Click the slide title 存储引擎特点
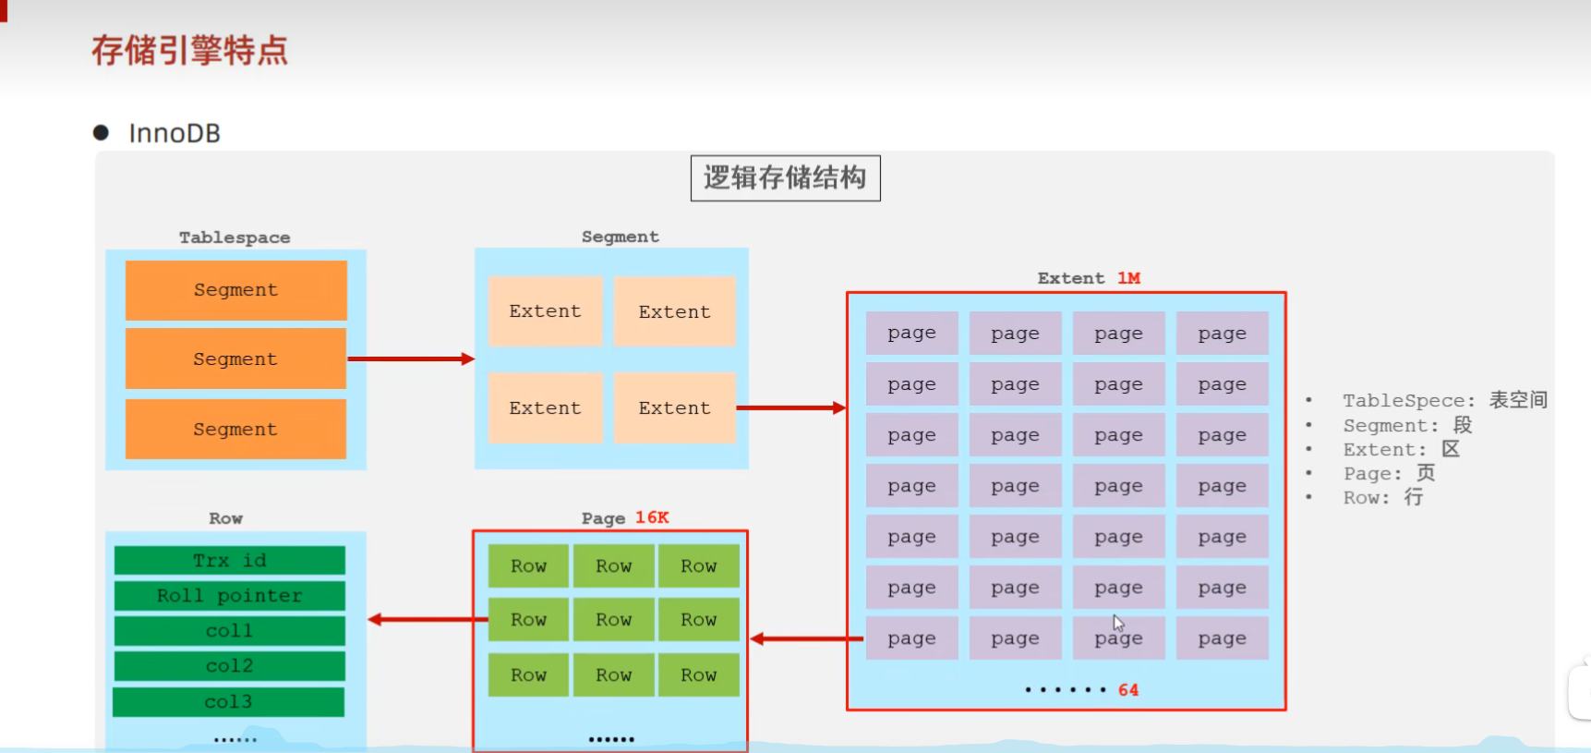(x=189, y=50)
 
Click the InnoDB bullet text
(x=175, y=134)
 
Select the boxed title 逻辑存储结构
(x=785, y=177)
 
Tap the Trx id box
(x=230, y=561)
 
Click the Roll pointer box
(x=230, y=596)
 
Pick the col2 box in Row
(x=230, y=666)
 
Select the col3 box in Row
(x=229, y=702)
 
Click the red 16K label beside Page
(x=652, y=517)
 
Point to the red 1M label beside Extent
(x=1128, y=278)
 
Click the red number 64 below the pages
(x=1128, y=690)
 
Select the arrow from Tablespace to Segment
(x=410, y=358)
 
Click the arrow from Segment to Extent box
(x=790, y=407)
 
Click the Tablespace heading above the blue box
(x=235, y=237)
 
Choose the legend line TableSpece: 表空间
(x=1444, y=400)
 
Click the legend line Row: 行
(x=1382, y=498)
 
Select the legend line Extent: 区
(x=1401, y=450)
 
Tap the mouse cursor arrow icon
(x=1118, y=623)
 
